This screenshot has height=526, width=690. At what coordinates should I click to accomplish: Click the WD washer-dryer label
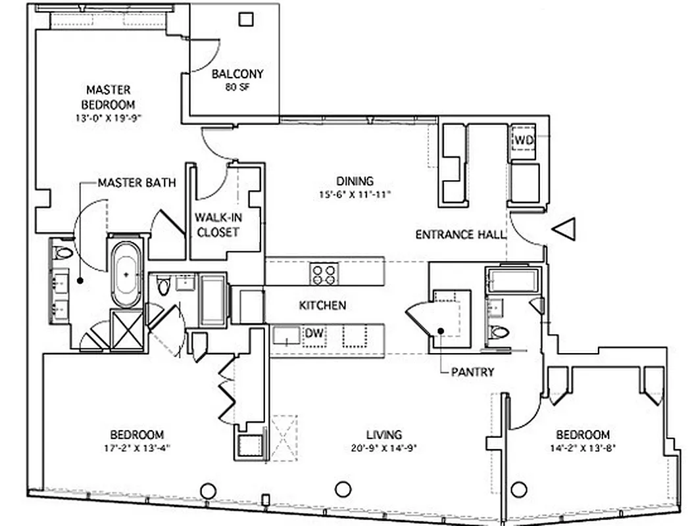[x=524, y=140]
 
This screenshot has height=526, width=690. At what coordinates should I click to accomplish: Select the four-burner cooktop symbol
[x=324, y=274]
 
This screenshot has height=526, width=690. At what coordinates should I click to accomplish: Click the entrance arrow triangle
[x=564, y=229]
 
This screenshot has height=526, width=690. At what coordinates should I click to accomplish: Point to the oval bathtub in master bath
[x=126, y=274]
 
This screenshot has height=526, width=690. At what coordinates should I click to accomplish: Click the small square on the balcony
[x=246, y=19]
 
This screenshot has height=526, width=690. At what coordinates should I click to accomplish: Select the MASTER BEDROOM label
[x=108, y=97]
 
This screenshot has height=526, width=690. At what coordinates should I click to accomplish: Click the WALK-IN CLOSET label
[x=217, y=224]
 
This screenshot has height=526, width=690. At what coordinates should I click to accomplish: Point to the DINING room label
[x=355, y=181]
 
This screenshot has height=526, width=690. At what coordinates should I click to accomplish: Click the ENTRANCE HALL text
[x=460, y=234]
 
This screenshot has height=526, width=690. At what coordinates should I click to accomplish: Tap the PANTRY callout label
[x=472, y=372]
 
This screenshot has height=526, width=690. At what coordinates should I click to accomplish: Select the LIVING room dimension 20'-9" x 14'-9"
[x=384, y=448]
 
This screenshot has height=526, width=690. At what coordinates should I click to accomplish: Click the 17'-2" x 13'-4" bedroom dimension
[x=137, y=448]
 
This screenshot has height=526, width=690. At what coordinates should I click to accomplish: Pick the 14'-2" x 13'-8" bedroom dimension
[x=583, y=448]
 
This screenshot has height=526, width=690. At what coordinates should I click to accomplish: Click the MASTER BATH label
[x=137, y=183]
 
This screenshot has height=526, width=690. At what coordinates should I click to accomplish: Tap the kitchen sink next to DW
[x=287, y=335]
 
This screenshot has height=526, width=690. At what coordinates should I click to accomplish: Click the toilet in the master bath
[x=64, y=252]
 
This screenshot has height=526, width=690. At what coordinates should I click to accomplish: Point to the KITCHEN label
[x=322, y=306]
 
